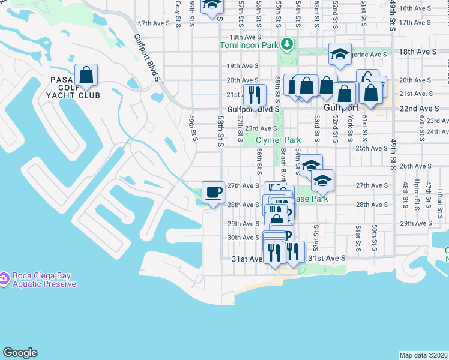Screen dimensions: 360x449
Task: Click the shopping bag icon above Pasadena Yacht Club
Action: (86, 76)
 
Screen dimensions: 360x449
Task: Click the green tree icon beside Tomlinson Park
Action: (288, 44)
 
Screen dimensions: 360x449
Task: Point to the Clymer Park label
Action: (278, 140)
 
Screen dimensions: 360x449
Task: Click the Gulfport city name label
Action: (340, 108)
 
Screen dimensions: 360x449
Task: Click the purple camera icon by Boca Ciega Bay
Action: (4, 277)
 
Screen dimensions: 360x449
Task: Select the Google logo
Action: (20, 353)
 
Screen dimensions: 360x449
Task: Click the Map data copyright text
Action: (424, 355)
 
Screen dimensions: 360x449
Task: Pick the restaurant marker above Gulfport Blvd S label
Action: (255, 95)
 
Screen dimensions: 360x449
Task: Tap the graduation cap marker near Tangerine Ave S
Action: (340, 55)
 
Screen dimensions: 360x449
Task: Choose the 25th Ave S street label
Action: (372, 148)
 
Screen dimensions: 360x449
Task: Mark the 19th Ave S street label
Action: (242, 65)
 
